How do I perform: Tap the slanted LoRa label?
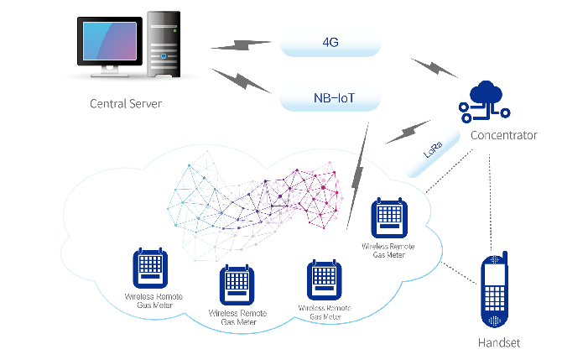(434, 154)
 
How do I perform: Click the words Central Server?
(125, 104)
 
